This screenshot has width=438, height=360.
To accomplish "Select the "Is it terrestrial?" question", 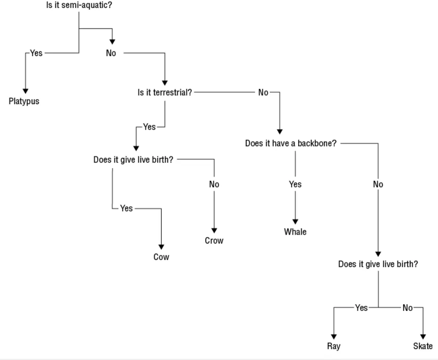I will click(164, 92).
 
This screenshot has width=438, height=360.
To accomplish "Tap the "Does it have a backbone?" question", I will click(291, 143).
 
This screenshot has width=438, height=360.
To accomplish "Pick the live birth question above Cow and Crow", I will click(133, 159).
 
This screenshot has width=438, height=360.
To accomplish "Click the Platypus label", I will click(24, 101).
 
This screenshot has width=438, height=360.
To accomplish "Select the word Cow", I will click(161, 257).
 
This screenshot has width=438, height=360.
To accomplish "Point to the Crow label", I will click(214, 241).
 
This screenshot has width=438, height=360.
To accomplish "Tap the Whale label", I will click(295, 232).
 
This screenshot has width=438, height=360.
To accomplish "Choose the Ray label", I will click(333, 347).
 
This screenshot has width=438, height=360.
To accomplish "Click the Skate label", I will click(422, 347).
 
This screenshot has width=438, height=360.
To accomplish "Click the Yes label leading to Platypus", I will click(36, 53).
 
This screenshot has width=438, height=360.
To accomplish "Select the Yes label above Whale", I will click(295, 185).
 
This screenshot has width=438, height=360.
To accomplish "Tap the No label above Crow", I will click(214, 185).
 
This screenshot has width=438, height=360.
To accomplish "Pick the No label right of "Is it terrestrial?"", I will click(263, 92).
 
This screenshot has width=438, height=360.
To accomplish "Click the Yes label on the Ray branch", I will click(361, 308).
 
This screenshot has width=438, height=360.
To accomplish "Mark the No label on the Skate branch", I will click(407, 308).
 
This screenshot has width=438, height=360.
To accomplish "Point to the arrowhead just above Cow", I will click(161, 246).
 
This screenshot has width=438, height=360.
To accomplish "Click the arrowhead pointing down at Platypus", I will click(25, 90).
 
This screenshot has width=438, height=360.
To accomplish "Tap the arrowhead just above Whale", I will click(295, 221).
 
